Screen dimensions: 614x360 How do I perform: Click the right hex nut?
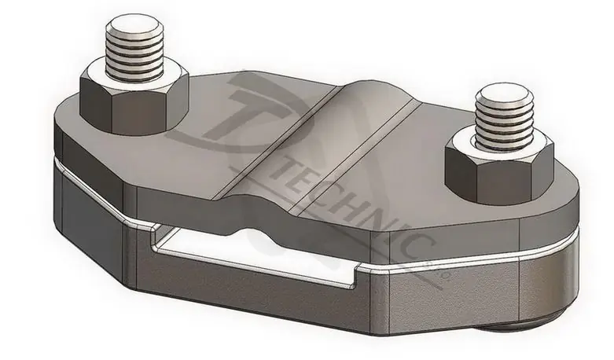tap(499, 169)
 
